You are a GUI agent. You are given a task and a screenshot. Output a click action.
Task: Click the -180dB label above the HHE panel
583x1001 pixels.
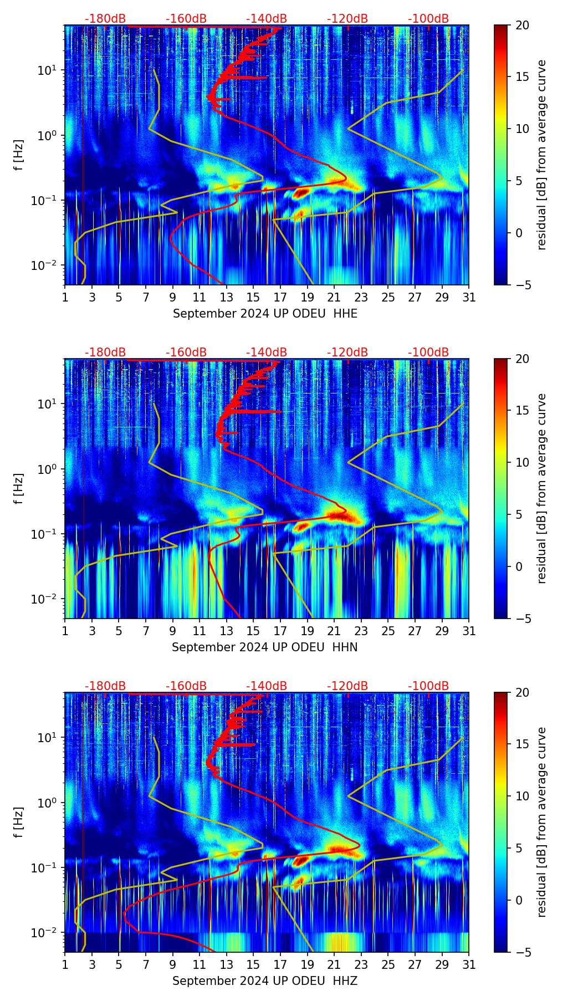[105, 19]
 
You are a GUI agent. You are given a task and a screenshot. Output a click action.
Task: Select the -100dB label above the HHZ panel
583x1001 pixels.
[428, 686]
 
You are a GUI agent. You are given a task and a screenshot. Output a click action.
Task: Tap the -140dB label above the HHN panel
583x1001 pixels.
[267, 353]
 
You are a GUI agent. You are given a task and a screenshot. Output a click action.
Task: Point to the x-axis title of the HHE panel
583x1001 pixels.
[265, 314]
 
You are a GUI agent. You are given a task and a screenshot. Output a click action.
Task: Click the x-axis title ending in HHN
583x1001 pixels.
[264, 647]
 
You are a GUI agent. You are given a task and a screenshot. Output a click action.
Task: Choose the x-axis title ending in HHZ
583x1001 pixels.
[264, 981]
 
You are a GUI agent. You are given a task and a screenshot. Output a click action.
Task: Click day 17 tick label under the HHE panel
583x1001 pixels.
[280, 298]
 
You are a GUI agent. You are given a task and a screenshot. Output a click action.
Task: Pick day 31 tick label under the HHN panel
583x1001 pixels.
[469, 631]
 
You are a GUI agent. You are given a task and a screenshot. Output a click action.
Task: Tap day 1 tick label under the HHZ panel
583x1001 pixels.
[65, 965]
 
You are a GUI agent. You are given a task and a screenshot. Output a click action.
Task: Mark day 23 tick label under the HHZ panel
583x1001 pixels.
[361, 965]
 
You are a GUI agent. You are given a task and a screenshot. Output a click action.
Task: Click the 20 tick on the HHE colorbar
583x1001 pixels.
[522, 25]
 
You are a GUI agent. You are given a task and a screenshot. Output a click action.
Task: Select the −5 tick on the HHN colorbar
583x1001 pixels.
[522, 619]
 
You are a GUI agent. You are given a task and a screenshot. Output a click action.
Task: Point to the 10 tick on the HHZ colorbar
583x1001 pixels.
[522, 796]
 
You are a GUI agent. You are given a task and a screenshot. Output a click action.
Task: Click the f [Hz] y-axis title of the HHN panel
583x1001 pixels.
[19, 489]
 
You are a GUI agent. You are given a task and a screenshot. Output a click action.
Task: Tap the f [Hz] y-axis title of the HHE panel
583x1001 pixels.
[19, 155]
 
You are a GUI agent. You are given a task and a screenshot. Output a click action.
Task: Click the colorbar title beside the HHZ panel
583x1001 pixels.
[541, 822]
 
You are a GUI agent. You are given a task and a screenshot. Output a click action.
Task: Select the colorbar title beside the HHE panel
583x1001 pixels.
[541, 155]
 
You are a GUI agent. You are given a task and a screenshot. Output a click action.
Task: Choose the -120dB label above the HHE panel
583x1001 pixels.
[347, 19]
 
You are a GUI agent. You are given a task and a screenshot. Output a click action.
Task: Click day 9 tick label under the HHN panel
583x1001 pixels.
[172, 631]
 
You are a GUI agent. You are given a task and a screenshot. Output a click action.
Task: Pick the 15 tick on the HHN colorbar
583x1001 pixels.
[522, 411]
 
